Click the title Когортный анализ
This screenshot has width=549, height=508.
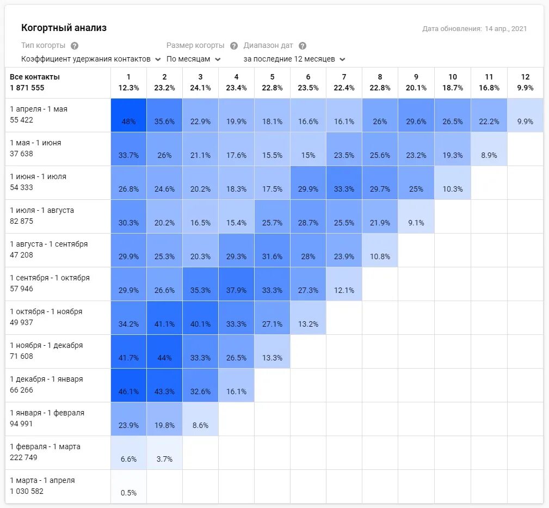(64, 28)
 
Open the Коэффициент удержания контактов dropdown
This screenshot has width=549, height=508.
(91, 59)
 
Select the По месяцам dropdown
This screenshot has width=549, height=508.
(193, 59)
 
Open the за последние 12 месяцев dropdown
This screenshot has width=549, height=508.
(294, 59)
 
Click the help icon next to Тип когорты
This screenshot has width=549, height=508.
(75, 46)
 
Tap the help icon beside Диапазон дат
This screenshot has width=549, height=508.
(303, 46)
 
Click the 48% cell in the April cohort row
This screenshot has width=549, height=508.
(128, 115)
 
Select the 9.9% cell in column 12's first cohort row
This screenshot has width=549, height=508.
(525, 115)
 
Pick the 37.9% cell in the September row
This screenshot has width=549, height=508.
(236, 284)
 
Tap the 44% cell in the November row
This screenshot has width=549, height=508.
(164, 352)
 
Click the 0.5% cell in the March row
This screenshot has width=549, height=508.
(128, 487)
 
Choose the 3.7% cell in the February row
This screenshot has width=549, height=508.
(164, 453)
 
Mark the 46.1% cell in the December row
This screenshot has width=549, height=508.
(128, 385)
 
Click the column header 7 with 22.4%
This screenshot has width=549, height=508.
(344, 82)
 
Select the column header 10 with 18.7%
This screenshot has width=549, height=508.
(453, 82)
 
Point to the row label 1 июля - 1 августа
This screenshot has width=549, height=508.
(42, 210)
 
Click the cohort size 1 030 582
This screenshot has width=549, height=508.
(27, 491)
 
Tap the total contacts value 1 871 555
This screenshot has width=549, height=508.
(27, 88)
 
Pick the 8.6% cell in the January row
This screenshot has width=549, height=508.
(200, 419)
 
